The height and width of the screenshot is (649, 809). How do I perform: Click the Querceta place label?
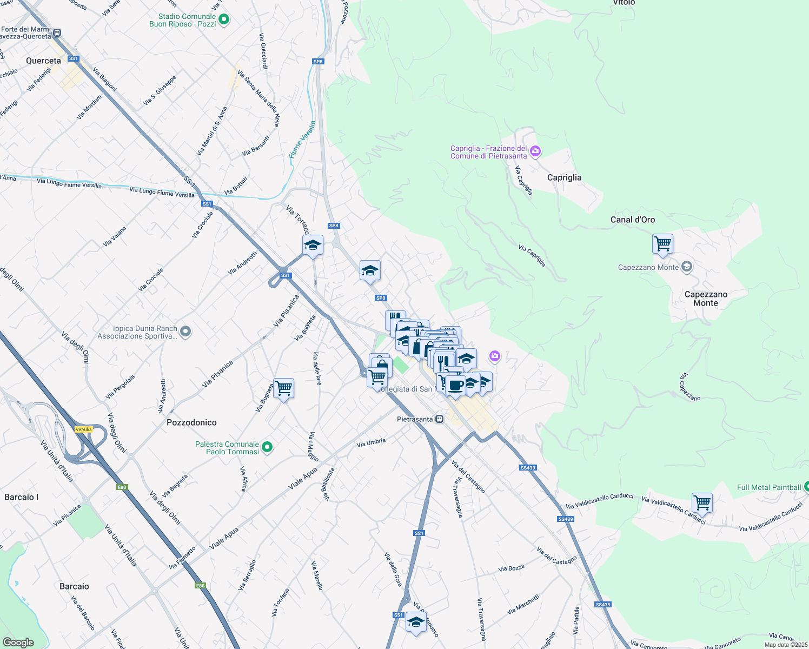pos(43,61)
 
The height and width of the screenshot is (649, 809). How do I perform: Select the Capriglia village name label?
pos(564,177)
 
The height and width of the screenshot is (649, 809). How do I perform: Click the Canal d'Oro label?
pos(632,220)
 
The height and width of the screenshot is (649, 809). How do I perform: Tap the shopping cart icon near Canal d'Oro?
pos(662,244)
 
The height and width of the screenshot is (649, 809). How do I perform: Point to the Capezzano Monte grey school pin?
pos(686,267)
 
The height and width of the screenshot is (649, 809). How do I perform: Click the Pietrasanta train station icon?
pos(439,419)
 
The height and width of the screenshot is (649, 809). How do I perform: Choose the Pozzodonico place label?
pos(191,422)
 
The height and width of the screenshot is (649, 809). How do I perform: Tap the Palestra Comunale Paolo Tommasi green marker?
pos(267,447)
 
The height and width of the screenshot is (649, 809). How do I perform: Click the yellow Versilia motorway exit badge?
pos(84,429)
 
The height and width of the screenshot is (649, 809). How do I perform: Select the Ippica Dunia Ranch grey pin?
pos(185,332)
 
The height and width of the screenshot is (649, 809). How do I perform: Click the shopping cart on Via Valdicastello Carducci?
pos(702,503)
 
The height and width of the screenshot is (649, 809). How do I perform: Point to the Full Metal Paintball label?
pos(768,487)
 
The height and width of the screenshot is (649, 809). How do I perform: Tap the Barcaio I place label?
pos(21,497)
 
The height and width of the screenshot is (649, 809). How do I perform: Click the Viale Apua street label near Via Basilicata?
pos(303,479)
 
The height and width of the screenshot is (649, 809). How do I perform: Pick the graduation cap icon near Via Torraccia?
pos(313,246)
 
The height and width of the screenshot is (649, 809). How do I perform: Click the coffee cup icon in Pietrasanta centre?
pos(456,386)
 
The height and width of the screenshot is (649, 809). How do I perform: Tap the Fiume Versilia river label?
pos(302,140)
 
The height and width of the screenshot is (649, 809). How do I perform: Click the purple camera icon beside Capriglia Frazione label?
pos(535,151)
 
